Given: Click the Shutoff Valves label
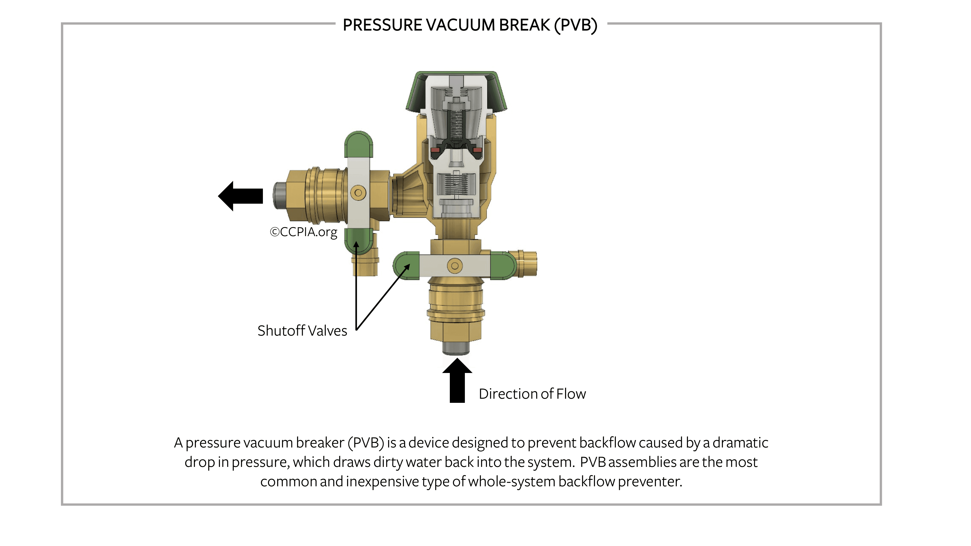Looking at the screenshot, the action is [302, 331].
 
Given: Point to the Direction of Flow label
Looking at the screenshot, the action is [532, 394].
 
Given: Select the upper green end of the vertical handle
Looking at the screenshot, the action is [359, 144].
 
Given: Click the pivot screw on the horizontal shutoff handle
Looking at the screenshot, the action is [455, 266].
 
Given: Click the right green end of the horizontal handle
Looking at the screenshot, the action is [503, 266].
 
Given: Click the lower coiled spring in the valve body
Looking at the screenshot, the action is [456, 184].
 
